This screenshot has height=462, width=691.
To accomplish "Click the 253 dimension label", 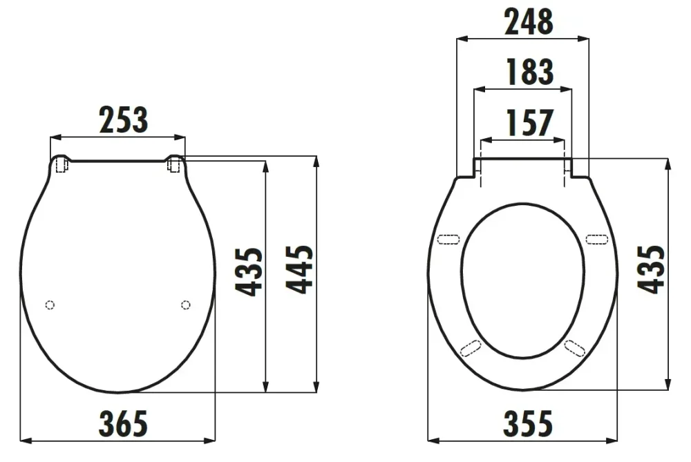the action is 124,119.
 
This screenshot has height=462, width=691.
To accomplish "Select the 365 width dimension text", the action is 123,423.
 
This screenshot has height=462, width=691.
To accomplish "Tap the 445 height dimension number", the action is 300,269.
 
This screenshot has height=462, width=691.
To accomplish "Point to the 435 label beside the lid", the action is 249,271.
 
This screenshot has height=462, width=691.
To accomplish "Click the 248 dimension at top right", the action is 529,21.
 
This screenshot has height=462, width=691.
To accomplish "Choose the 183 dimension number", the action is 530,72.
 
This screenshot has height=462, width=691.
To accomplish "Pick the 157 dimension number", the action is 529,123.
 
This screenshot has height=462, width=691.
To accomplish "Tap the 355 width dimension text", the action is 527,423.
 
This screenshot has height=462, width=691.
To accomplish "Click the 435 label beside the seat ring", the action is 652,269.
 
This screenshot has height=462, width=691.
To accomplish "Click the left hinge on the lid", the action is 61,166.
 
